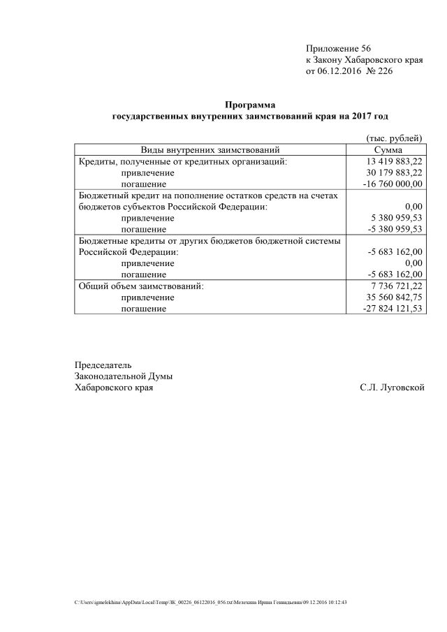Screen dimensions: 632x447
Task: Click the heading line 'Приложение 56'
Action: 338,48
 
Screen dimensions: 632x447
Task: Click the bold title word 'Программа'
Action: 250,105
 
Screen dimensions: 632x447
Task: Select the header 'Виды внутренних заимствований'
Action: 210,149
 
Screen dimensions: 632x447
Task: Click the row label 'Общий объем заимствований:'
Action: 139,286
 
